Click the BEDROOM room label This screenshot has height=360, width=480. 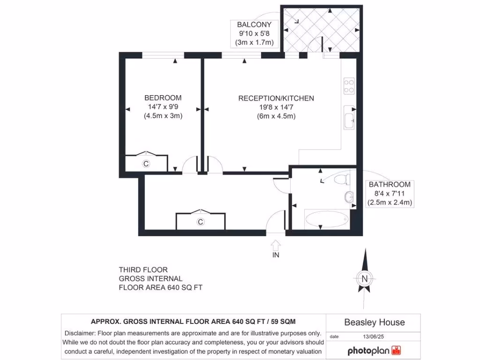click(x=163, y=98)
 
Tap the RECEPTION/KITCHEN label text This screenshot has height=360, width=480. click(x=276, y=98)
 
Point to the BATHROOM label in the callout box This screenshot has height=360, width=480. click(x=390, y=184)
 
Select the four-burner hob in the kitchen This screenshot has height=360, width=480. click(x=349, y=86)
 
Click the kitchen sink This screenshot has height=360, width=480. click(x=349, y=117)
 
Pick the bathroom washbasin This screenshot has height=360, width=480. click(x=349, y=197)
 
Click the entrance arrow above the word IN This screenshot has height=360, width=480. click(x=276, y=245)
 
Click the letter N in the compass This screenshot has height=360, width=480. click(x=364, y=278)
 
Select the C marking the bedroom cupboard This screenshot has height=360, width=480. click(x=146, y=164)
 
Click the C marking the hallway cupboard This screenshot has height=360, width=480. click(x=200, y=222)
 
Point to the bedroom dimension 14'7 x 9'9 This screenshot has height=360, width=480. click(x=163, y=107)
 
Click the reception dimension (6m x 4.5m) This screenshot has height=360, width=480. click(x=276, y=116)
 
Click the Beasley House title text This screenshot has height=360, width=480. click(x=374, y=322)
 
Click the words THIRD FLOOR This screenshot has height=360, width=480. click(x=143, y=270)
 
